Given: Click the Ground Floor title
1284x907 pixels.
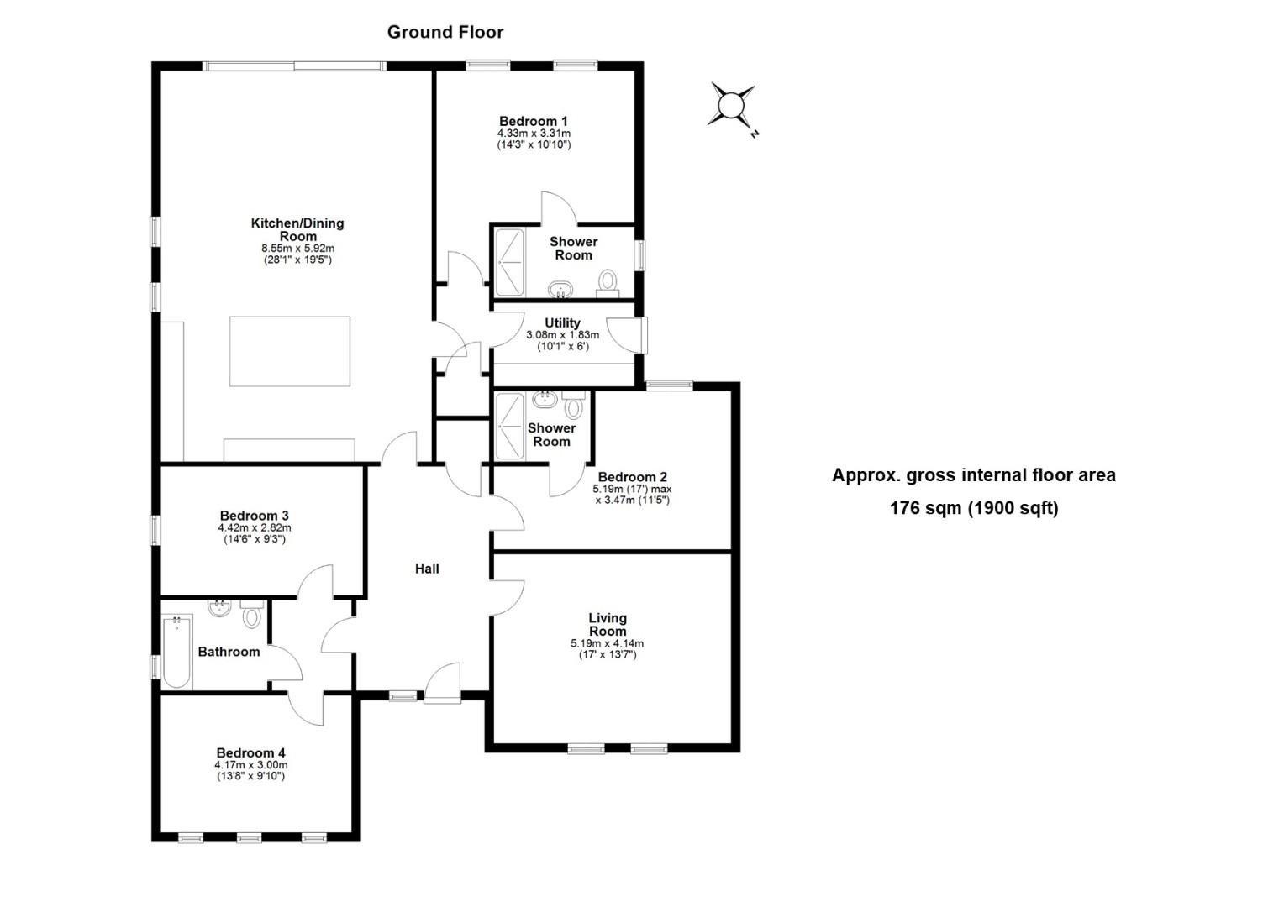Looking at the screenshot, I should [445, 32].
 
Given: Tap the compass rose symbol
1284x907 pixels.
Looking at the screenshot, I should [731, 106].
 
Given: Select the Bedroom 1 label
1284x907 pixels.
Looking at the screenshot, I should [533, 121].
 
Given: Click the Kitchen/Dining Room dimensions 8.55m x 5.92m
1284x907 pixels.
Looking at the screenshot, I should [297, 249].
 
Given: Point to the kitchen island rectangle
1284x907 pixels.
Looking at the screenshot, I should [290, 351].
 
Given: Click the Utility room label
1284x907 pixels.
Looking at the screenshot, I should [562, 322].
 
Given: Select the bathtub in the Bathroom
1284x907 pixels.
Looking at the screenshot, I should [177, 652].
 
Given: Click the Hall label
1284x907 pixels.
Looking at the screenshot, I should [427, 569].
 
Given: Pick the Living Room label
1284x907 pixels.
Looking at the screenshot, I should [607, 624].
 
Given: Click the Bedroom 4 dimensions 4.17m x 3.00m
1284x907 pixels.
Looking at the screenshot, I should [250, 765].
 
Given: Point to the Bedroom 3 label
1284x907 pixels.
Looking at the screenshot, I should [254, 516].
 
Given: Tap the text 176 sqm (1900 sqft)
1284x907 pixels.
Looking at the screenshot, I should [974, 508].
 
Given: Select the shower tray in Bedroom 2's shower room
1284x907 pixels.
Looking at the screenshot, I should [509, 427].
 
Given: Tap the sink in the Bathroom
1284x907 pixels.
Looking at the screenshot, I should [220, 608].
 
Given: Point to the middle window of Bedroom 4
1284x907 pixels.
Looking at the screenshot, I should [249, 836].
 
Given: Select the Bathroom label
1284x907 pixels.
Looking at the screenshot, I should [229, 652].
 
